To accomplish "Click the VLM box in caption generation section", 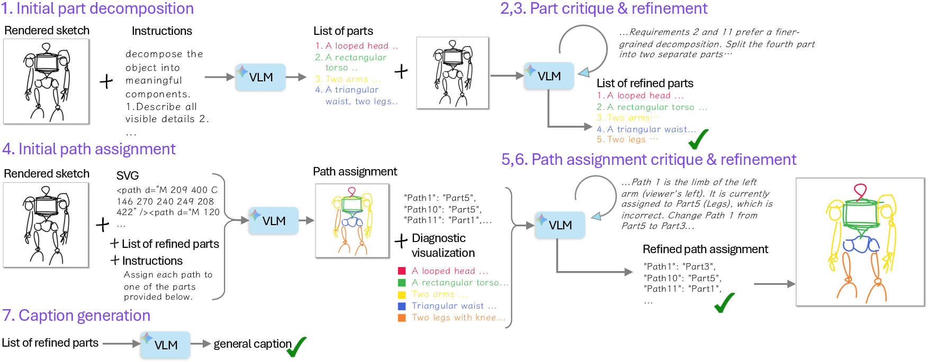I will pyautogui.click(x=165, y=345).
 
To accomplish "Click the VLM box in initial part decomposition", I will pyautogui.click(x=260, y=77).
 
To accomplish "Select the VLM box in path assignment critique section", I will pyautogui.click(x=560, y=225).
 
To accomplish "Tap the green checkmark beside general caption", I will pyautogui.click(x=297, y=347).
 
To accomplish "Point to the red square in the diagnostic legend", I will pyautogui.click(x=402, y=271).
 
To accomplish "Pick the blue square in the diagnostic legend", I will pyautogui.click(x=402, y=306).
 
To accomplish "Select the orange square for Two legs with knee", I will pyautogui.click(x=402, y=318).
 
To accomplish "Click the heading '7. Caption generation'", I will pyautogui.click(x=76, y=315).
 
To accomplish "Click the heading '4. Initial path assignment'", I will pyautogui.click(x=88, y=149).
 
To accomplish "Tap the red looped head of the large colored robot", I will pyautogui.click(x=860, y=191).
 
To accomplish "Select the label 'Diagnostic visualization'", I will pyautogui.click(x=443, y=245).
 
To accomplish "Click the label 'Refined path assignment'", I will pyautogui.click(x=705, y=249).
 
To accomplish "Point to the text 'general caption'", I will pyautogui.click(x=252, y=344).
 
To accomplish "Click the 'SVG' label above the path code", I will pyautogui.click(x=128, y=175).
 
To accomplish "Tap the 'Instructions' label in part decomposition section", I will pyautogui.click(x=161, y=31).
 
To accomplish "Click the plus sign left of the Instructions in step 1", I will pyautogui.click(x=106, y=81).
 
